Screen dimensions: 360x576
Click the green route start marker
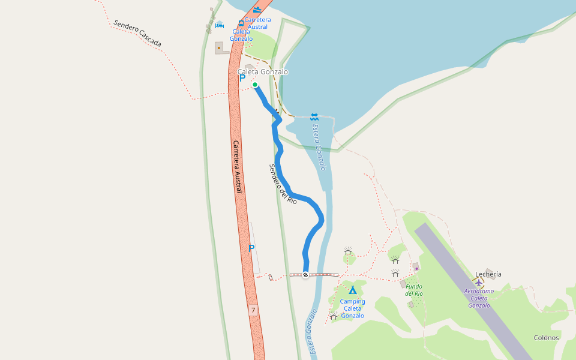pyautogui.click(x=255, y=85)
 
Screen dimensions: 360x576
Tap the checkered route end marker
pyautogui.click(x=305, y=275)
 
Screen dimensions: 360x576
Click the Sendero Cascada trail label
pyautogui.click(x=137, y=34)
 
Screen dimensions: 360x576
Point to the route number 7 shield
pyautogui.click(x=254, y=310)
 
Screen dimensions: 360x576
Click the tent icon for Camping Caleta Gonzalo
pyautogui.click(x=353, y=290)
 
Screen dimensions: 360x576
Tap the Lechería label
pyautogui.click(x=488, y=274)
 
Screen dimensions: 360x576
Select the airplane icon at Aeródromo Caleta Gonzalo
pyautogui.click(x=479, y=282)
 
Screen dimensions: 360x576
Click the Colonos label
pyautogui.click(x=546, y=337)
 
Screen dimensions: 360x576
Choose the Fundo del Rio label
pyautogui.click(x=414, y=290)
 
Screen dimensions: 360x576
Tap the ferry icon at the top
pyautogui.click(x=257, y=10)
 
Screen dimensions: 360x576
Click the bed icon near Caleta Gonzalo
pyautogui.click(x=220, y=26)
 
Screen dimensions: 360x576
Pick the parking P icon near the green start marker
pyautogui.click(x=242, y=77)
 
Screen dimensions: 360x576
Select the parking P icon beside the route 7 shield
pyautogui.click(x=252, y=248)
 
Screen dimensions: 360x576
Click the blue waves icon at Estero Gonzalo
pyautogui.click(x=314, y=116)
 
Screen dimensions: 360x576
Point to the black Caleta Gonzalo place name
pyautogui.click(x=263, y=72)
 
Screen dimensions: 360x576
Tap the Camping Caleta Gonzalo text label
pyautogui.click(x=353, y=308)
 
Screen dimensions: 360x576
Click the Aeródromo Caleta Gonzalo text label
pyautogui.click(x=479, y=298)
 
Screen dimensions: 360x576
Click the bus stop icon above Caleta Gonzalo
pyautogui.click(x=241, y=23)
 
